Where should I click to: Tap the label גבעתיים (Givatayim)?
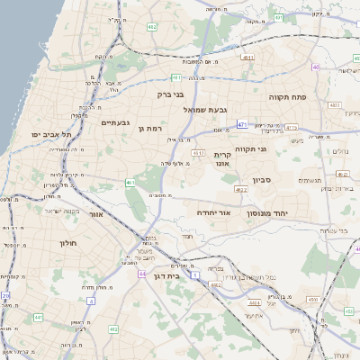117,122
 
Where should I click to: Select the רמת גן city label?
149,129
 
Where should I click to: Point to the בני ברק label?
171,93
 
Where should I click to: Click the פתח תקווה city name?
288,94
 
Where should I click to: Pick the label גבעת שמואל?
211,109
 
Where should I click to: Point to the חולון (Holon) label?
69,243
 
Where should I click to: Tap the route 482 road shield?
152,28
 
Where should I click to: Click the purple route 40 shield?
315,67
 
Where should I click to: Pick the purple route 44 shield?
142,273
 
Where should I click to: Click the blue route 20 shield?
5,295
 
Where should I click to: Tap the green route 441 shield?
39,317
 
